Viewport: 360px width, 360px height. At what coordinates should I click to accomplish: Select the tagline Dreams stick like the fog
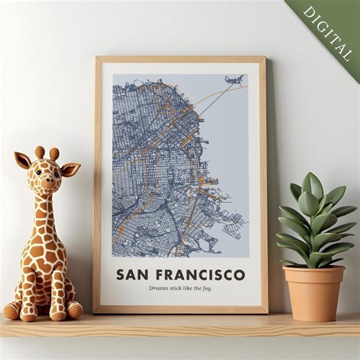coord(180,289)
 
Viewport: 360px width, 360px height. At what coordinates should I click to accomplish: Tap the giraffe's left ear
coord(23,161)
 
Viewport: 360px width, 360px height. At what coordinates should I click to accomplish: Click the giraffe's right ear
coord(70,169)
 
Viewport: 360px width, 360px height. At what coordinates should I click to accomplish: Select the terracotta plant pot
coord(314,292)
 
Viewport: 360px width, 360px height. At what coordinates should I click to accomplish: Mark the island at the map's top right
coord(234,80)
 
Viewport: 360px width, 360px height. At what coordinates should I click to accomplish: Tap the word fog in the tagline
coord(207,289)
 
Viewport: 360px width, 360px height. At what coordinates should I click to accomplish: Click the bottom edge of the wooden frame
coord(180,310)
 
